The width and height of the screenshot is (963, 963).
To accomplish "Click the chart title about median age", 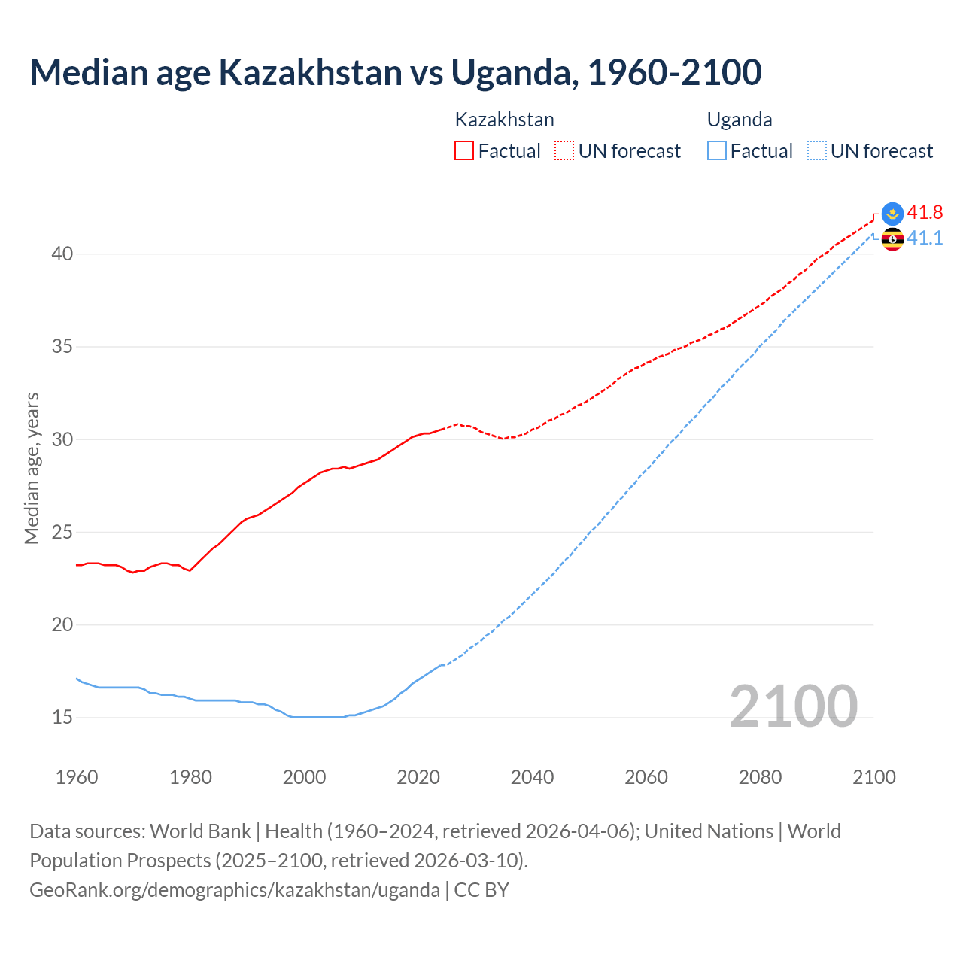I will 396,72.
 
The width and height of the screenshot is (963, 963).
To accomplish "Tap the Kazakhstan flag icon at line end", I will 892,213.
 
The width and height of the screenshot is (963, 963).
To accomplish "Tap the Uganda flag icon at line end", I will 892,240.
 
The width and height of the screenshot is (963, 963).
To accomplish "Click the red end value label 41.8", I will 925,212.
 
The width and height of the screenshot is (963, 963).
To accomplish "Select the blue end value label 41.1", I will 925,238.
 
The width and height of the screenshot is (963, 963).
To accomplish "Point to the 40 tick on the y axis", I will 62,254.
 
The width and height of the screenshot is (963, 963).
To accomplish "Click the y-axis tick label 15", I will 62,718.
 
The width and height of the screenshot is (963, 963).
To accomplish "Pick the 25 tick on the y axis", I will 62,533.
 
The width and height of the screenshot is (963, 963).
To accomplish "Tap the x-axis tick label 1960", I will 77,777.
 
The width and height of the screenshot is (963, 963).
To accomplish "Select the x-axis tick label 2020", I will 418,777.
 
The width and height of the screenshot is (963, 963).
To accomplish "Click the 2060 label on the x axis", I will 646,777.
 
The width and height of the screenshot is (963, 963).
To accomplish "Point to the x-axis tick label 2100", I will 873,777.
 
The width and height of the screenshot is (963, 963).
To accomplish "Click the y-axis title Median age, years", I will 32,468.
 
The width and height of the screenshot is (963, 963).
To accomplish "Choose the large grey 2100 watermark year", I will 793,706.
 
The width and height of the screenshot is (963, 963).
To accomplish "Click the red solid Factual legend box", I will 464,151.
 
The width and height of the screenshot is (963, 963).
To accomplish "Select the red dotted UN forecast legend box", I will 564,151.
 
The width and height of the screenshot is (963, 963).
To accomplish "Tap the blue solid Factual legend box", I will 717,151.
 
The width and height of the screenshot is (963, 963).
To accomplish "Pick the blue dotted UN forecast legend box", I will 817,151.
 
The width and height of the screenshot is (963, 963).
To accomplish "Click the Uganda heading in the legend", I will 740,120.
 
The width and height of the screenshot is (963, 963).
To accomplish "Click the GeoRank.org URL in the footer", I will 235,890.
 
